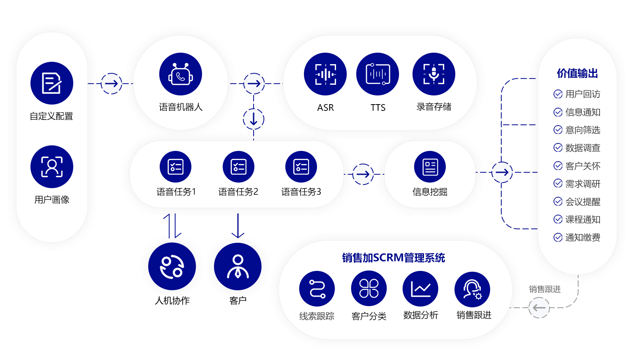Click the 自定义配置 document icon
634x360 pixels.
coord(52,83)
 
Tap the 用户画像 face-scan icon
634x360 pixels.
coord(52,167)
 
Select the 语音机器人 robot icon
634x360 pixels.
coord(181,74)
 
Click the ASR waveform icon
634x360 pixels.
coord(325,74)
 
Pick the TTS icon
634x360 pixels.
coord(378,74)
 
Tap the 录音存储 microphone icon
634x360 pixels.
coord(434,74)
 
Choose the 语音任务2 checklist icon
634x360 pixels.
coord(239,167)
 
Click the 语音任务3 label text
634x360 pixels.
coord(301,192)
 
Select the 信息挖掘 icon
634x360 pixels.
coord(430,167)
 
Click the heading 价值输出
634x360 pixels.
coord(577,73)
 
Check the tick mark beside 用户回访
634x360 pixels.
coord(558,94)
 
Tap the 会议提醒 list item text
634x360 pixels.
coord(582,202)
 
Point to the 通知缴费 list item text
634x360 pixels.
coord(582,237)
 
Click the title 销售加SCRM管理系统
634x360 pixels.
coord(393,258)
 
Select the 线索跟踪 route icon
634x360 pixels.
coord(317,289)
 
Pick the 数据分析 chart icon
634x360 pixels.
coord(420,289)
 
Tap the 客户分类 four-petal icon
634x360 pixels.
coord(369,288)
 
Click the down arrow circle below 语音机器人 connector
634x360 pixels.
coord(254,119)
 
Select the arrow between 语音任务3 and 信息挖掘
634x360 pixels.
coord(363,174)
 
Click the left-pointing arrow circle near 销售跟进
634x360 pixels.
coord(539,308)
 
